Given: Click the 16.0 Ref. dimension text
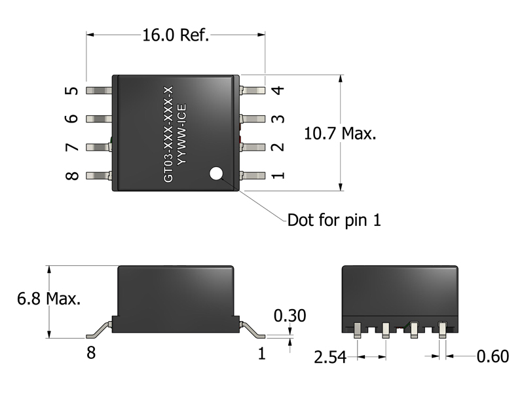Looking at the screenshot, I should click(176, 35).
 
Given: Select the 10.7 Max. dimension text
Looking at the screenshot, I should click(341, 134).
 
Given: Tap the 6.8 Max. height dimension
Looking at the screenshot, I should click(49, 299).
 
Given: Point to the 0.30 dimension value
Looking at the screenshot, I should click(290, 316).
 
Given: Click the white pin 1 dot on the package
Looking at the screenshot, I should click(217, 174).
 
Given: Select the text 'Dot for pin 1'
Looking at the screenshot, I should click(334, 219).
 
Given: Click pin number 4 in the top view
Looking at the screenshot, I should click(278, 90).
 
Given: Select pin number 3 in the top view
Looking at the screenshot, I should click(278, 119).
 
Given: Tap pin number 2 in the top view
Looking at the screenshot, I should click(278, 147).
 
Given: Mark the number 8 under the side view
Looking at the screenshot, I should click(91, 354).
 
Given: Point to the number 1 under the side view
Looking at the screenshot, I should click(262, 354).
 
